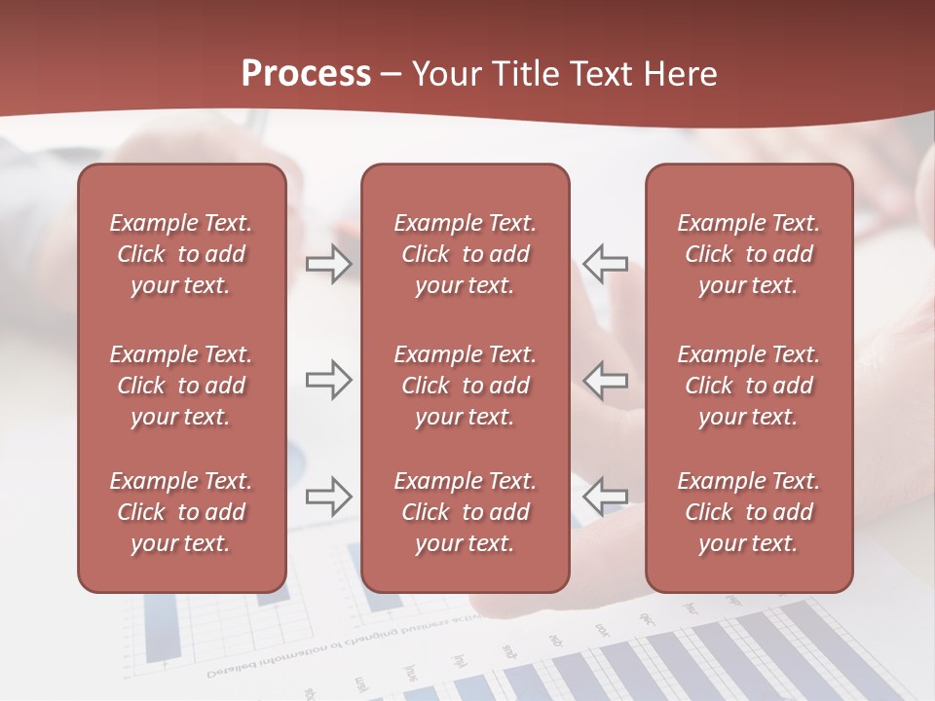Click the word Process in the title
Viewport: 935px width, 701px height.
tap(306, 73)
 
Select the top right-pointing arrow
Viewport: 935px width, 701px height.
tap(329, 264)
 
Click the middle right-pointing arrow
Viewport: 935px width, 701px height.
tap(329, 380)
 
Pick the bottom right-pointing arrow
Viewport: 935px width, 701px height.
tap(329, 497)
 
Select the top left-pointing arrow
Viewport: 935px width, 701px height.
tap(605, 264)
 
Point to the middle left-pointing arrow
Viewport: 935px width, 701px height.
tap(605, 380)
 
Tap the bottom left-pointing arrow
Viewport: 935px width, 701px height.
tap(605, 497)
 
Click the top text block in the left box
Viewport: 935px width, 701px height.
tap(181, 254)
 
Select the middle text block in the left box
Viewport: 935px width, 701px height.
tap(181, 386)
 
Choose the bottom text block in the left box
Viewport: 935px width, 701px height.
tap(181, 512)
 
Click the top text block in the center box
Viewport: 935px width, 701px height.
tap(465, 254)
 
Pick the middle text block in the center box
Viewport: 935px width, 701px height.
tap(465, 386)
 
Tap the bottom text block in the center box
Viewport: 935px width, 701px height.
tap(465, 512)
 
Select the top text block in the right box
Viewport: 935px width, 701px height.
tap(748, 254)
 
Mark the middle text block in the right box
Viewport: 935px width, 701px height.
tap(748, 386)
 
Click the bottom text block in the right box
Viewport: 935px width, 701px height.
tap(748, 512)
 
